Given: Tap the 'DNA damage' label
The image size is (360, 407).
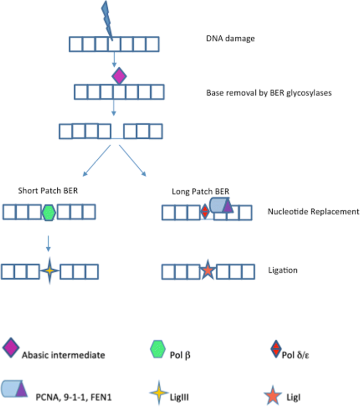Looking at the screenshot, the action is (x=230, y=38).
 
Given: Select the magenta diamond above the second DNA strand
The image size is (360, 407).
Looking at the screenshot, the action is (x=119, y=76).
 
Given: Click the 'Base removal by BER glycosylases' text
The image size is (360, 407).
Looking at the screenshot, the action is (x=269, y=93).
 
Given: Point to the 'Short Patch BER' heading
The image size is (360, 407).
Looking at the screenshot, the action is (x=48, y=190).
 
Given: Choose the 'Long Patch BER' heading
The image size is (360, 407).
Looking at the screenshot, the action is (x=200, y=191).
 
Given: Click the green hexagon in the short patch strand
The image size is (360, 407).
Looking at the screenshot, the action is (x=49, y=212).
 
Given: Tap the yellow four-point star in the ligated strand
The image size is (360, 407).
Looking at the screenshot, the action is (x=49, y=271).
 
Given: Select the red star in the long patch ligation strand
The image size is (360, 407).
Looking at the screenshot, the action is (x=208, y=270).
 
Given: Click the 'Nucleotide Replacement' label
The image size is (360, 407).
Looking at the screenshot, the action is (x=313, y=211).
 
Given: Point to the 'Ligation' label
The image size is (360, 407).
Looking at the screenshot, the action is (x=283, y=270).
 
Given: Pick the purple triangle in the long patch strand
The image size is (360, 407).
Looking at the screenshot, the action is (x=228, y=206).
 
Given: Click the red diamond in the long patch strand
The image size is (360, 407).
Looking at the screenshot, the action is (x=205, y=211).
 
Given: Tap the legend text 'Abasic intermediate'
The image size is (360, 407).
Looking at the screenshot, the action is (x=64, y=355).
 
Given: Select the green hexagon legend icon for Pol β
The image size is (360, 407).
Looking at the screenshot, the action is (x=158, y=349).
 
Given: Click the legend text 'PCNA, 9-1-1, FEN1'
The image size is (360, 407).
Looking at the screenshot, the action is (x=74, y=397).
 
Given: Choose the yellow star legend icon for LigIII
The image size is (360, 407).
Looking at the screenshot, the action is (x=159, y=393).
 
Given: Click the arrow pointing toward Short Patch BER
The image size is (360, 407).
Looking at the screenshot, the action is (x=97, y=161).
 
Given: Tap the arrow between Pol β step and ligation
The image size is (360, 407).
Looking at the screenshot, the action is (x=48, y=243).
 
